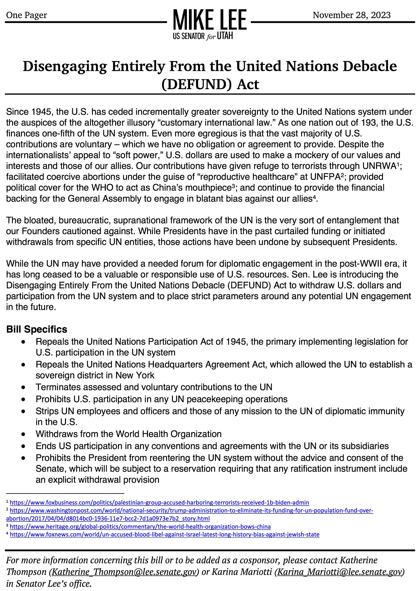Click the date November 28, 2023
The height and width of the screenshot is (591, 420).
pyautogui.click(x=351, y=15)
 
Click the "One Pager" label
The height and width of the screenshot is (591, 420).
pyautogui.click(x=27, y=15)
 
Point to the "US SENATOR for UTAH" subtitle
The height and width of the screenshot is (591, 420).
pyautogui.click(x=203, y=36)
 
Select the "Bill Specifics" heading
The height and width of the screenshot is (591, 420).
pyautogui.click(x=37, y=329)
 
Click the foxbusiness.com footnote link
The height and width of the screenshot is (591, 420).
pyautogui.click(x=159, y=502)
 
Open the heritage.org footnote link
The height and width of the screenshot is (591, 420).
pyautogui.click(x=140, y=526)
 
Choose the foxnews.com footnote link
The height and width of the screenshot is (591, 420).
pyautogui.click(x=164, y=534)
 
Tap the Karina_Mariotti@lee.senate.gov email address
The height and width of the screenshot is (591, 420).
pyautogui.click(x=340, y=572)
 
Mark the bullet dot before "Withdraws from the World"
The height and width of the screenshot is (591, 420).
pyautogui.click(x=23, y=434)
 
